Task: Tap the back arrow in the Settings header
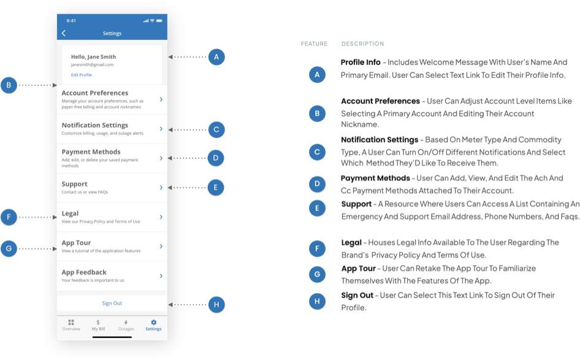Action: point(64,33)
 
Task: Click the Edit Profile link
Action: point(82,75)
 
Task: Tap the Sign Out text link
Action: point(112,303)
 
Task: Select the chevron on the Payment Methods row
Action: point(161,158)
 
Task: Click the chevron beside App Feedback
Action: point(161,275)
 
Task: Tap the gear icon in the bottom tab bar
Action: point(153,322)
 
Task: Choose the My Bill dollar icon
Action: point(98,322)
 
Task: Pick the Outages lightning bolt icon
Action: point(126,322)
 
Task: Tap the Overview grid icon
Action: point(71,322)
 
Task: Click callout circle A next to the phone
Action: point(216,57)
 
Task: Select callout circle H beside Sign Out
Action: point(216,305)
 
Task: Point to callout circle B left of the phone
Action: point(9,85)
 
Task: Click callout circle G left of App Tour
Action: point(9,248)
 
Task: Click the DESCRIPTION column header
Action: point(362,44)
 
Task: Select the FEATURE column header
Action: point(314,44)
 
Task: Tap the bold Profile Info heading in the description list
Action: point(361,62)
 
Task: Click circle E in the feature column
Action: point(317,208)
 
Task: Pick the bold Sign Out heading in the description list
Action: point(357,295)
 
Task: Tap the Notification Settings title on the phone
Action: point(94,126)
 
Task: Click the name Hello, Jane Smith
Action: point(94,56)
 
